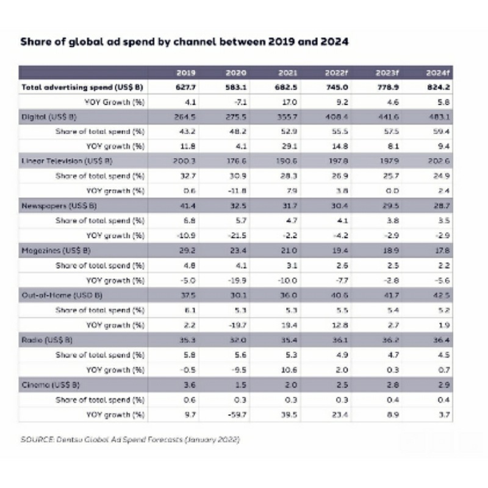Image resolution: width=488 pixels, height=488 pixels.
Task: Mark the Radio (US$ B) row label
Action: tap(48, 340)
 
